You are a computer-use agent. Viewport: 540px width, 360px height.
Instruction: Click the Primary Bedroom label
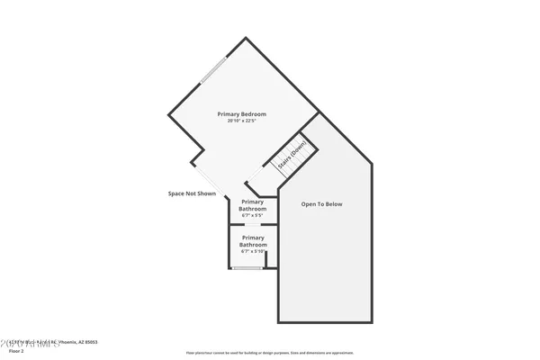[x=242, y=114]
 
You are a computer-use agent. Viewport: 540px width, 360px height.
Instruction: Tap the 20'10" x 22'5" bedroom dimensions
[x=242, y=121]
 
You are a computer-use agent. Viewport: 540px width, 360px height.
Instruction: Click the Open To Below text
[x=321, y=204]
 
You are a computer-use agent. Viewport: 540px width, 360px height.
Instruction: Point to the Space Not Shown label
[x=192, y=193]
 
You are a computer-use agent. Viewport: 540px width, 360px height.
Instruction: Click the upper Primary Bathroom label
[x=253, y=206]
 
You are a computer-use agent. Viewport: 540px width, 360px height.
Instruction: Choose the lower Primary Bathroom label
[x=253, y=241]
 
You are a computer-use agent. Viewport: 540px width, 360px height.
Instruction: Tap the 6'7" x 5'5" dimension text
[x=253, y=216]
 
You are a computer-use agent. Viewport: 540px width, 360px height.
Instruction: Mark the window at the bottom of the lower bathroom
[x=247, y=268]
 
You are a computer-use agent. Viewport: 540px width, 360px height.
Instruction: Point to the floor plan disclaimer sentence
[x=270, y=353]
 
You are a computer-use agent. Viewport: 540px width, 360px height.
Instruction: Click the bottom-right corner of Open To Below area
[x=371, y=322]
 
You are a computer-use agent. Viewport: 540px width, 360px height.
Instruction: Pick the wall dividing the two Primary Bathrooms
[x=253, y=226]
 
